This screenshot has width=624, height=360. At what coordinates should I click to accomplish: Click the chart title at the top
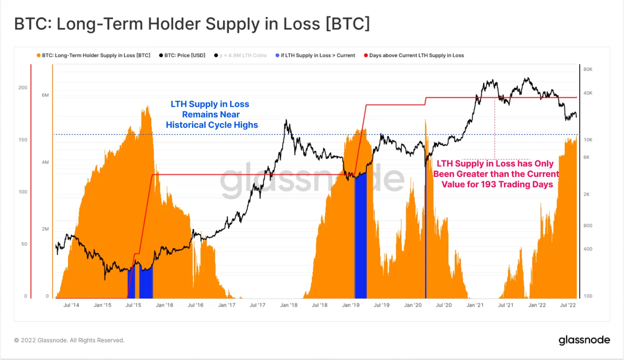pos(191,24)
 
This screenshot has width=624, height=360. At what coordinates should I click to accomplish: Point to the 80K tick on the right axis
pos(588,70)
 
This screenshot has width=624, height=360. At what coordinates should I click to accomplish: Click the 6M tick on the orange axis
pos(45,96)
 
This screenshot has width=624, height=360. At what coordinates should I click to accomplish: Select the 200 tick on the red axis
pos(23,88)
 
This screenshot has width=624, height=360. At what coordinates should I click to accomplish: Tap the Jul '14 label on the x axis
pos(71,305)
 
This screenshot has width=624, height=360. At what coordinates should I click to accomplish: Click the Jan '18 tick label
pos(288,305)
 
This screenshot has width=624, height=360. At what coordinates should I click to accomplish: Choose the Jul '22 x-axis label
pos(568,305)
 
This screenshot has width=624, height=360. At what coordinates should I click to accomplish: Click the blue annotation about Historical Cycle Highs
pos(212,114)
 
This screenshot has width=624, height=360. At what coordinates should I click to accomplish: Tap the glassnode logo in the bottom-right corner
pos(584,340)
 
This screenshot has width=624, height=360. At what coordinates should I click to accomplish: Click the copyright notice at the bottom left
pos(69,340)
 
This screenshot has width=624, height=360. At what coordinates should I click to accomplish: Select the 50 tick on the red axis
pos(24,244)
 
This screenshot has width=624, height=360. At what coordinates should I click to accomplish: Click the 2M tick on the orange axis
pos(45,229)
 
